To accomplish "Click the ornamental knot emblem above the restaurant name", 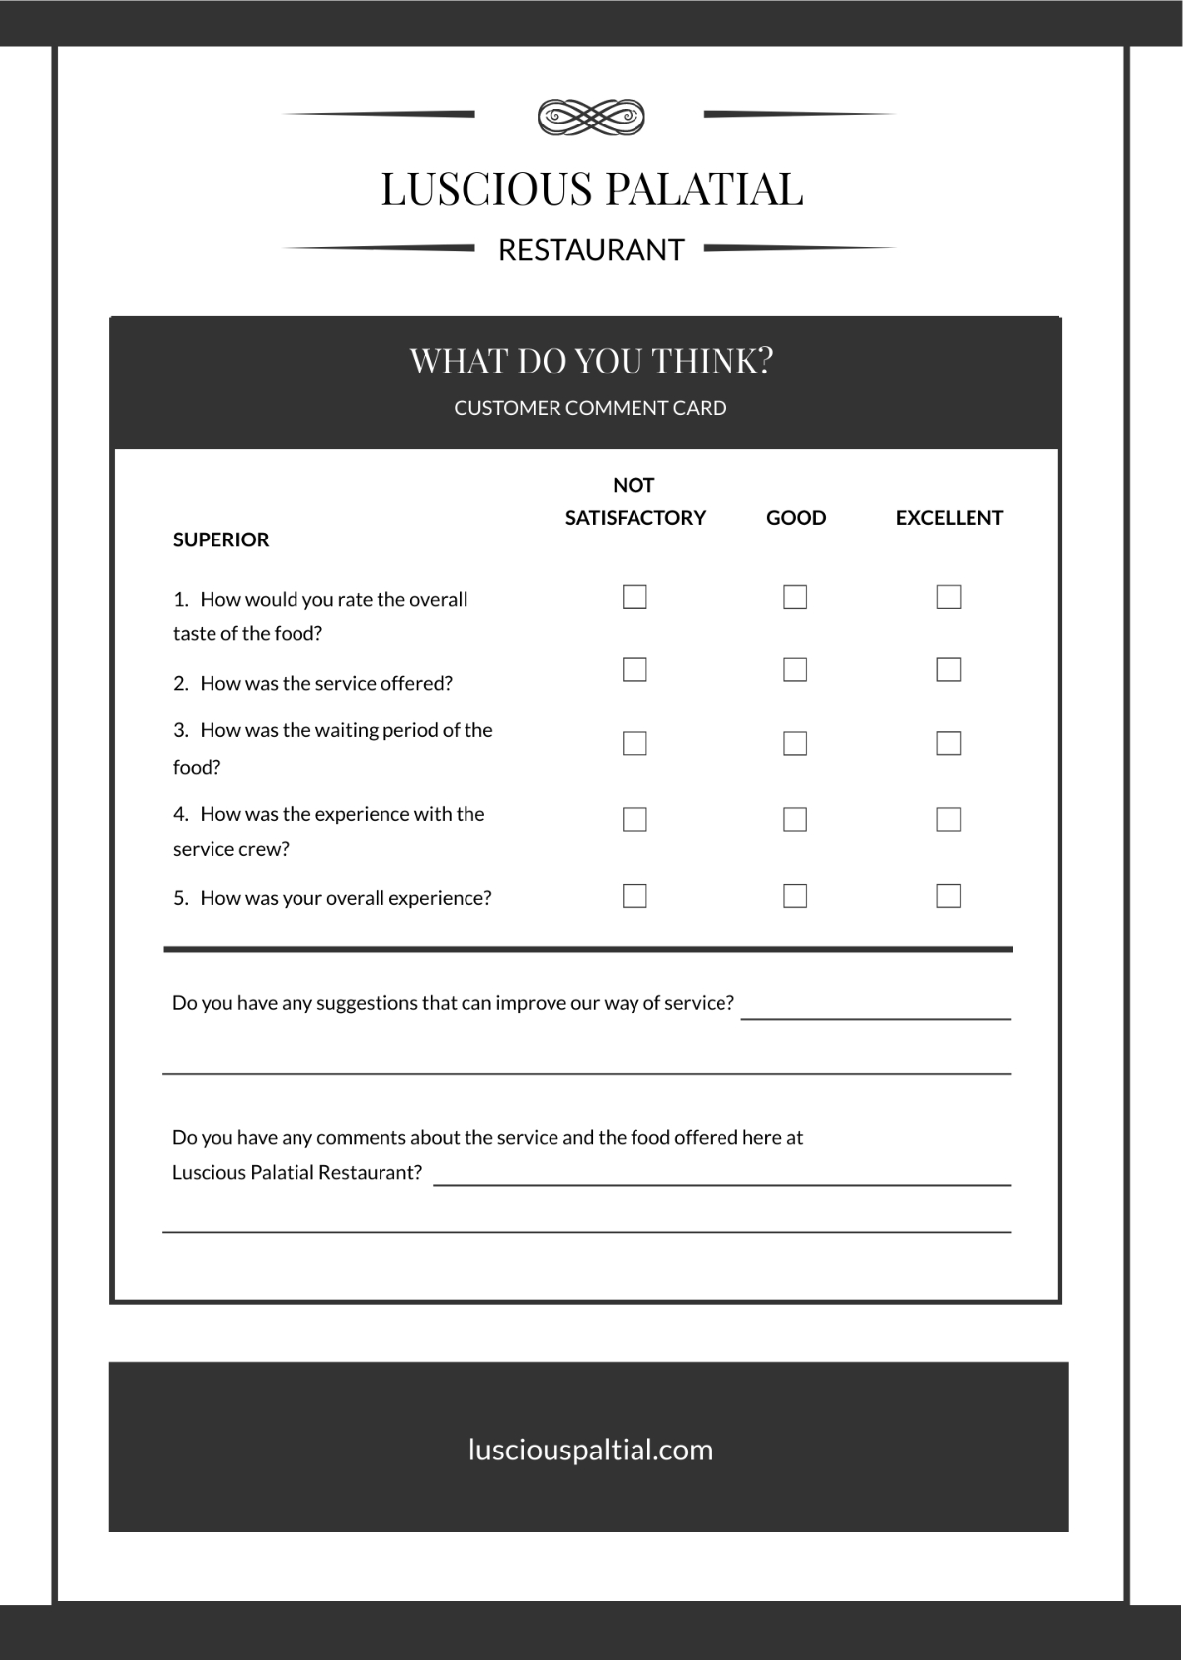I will pyautogui.click(x=591, y=117).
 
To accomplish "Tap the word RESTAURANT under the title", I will pyautogui.click(x=591, y=250).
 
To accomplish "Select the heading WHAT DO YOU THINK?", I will pyautogui.click(x=591, y=361).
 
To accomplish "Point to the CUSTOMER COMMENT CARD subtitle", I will pyautogui.click(x=590, y=408).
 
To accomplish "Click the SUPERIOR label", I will pyautogui.click(x=220, y=539).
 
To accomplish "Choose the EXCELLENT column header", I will pyautogui.click(x=949, y=518).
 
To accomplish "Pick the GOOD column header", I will pyautogui.click(x=796, y=518).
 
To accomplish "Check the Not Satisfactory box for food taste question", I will pyautogui.click(x=635, y=597).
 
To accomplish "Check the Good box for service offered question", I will pyautogui.click(x=795, y=670).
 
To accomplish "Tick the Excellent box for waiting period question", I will pyautogui.click(x=949, y=743).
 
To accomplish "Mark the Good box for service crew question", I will pyautogui.click(x=795, y=819).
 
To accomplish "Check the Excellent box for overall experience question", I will pyautogui.click(x=949, y=896).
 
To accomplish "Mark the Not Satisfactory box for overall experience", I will pyautogui.click(x=635, y=896).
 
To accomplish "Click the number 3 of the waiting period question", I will pyautogui.click(x=180, y=730).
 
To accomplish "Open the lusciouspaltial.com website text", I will pyautogui.click(x=590, y=1450).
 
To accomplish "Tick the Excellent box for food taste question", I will pyautogui.click(x=949, y=597).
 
